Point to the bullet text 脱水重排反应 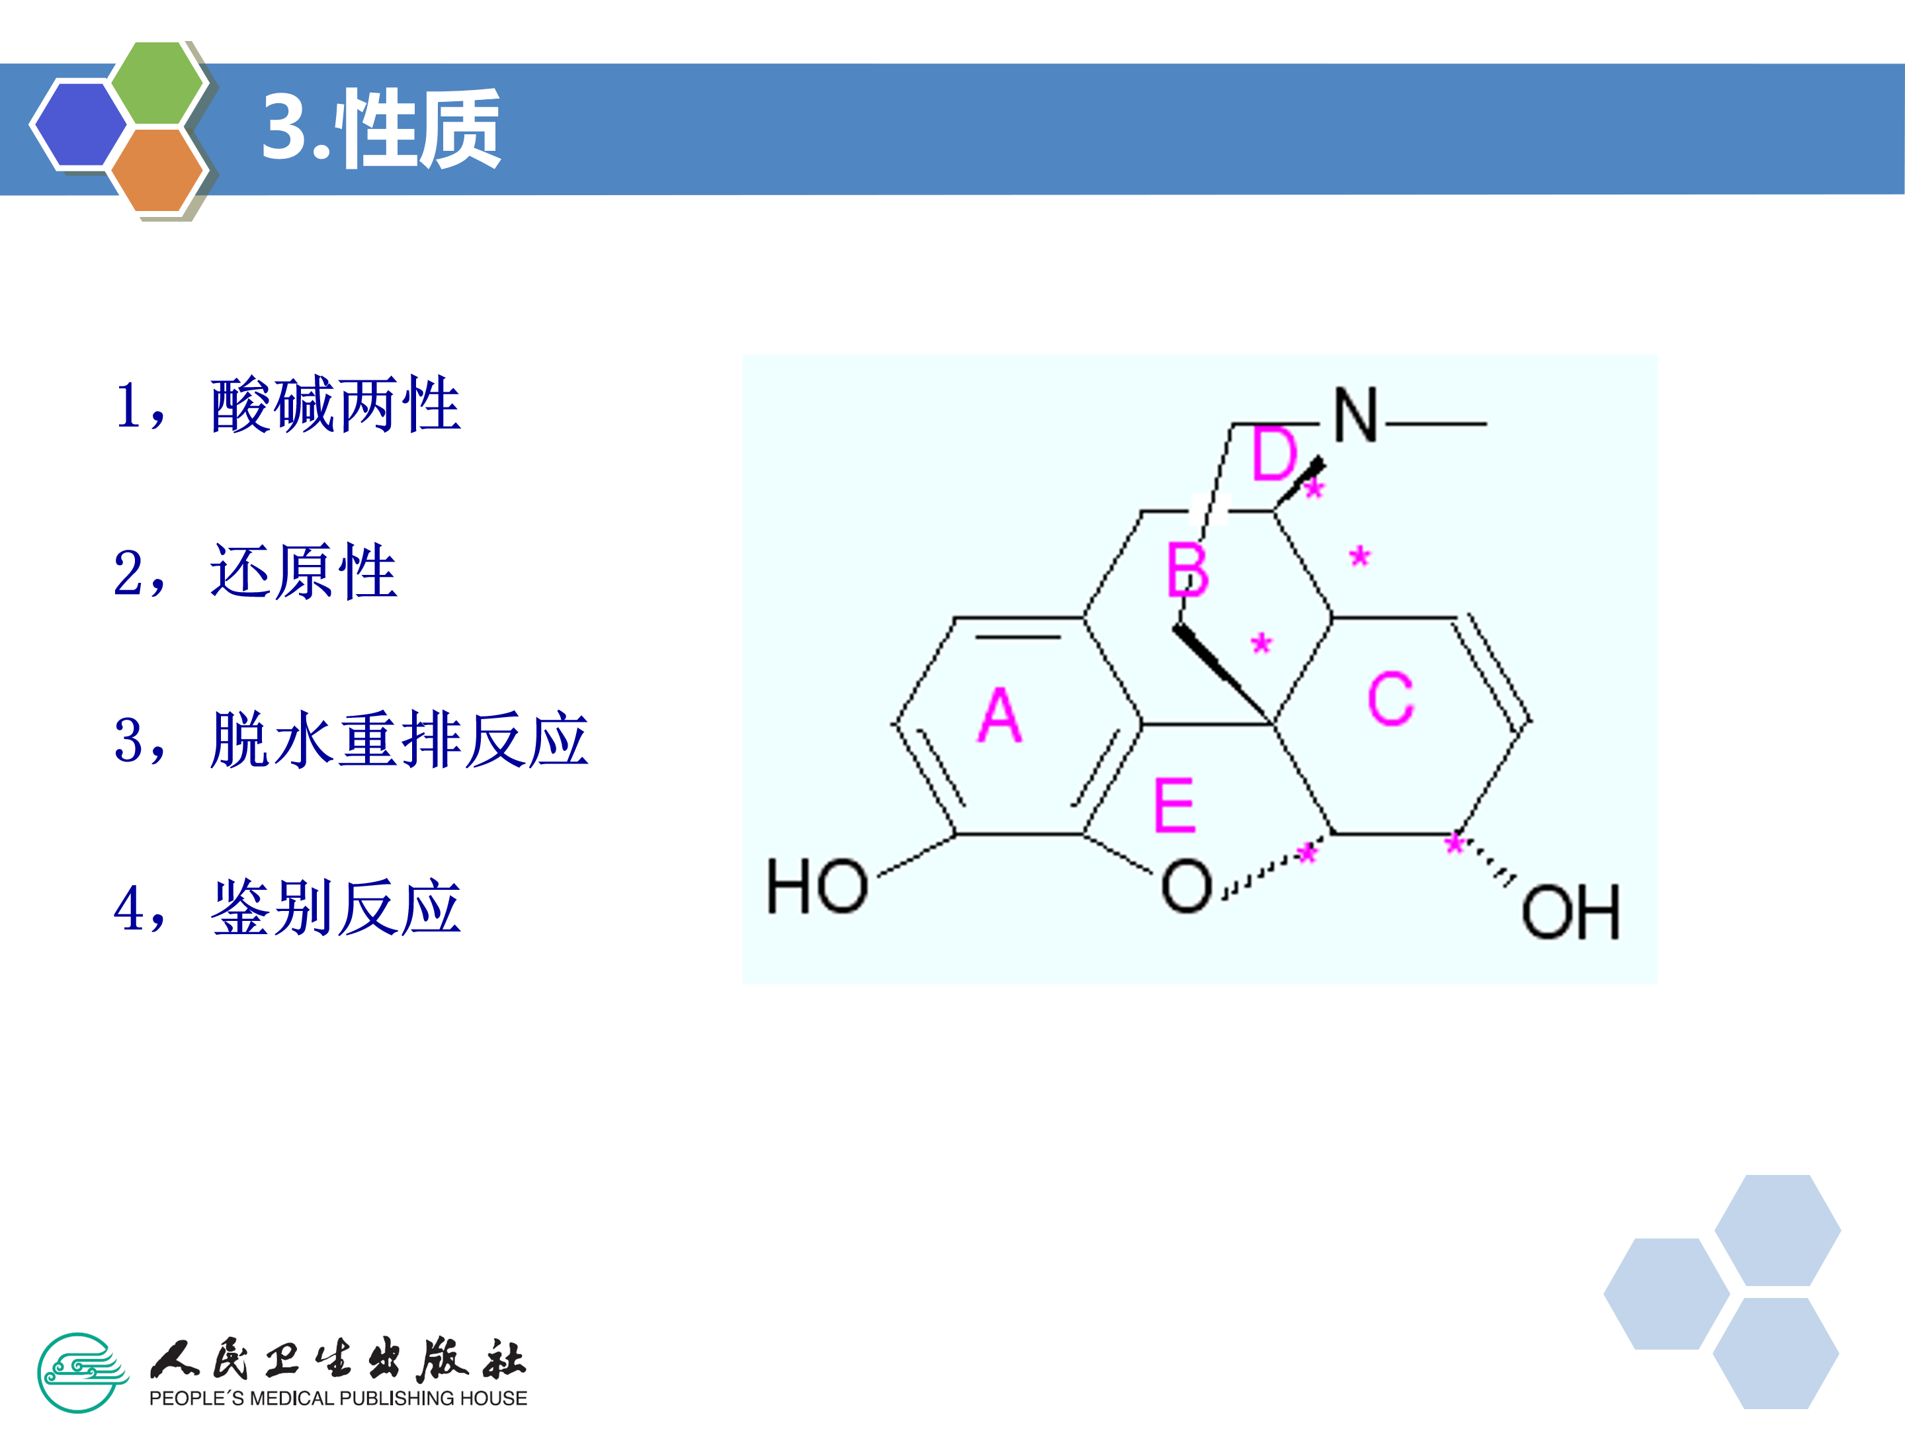(x=399, y=740)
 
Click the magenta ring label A (x=999, y=716)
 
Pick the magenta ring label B (x=1187, y=570)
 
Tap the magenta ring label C (x=1390, y=699)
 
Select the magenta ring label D (x=1274, y=454)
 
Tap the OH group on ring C (x=1570, y=912)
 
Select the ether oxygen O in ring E (x=1186, y=887)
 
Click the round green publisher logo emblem (x=79, y=1373)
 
